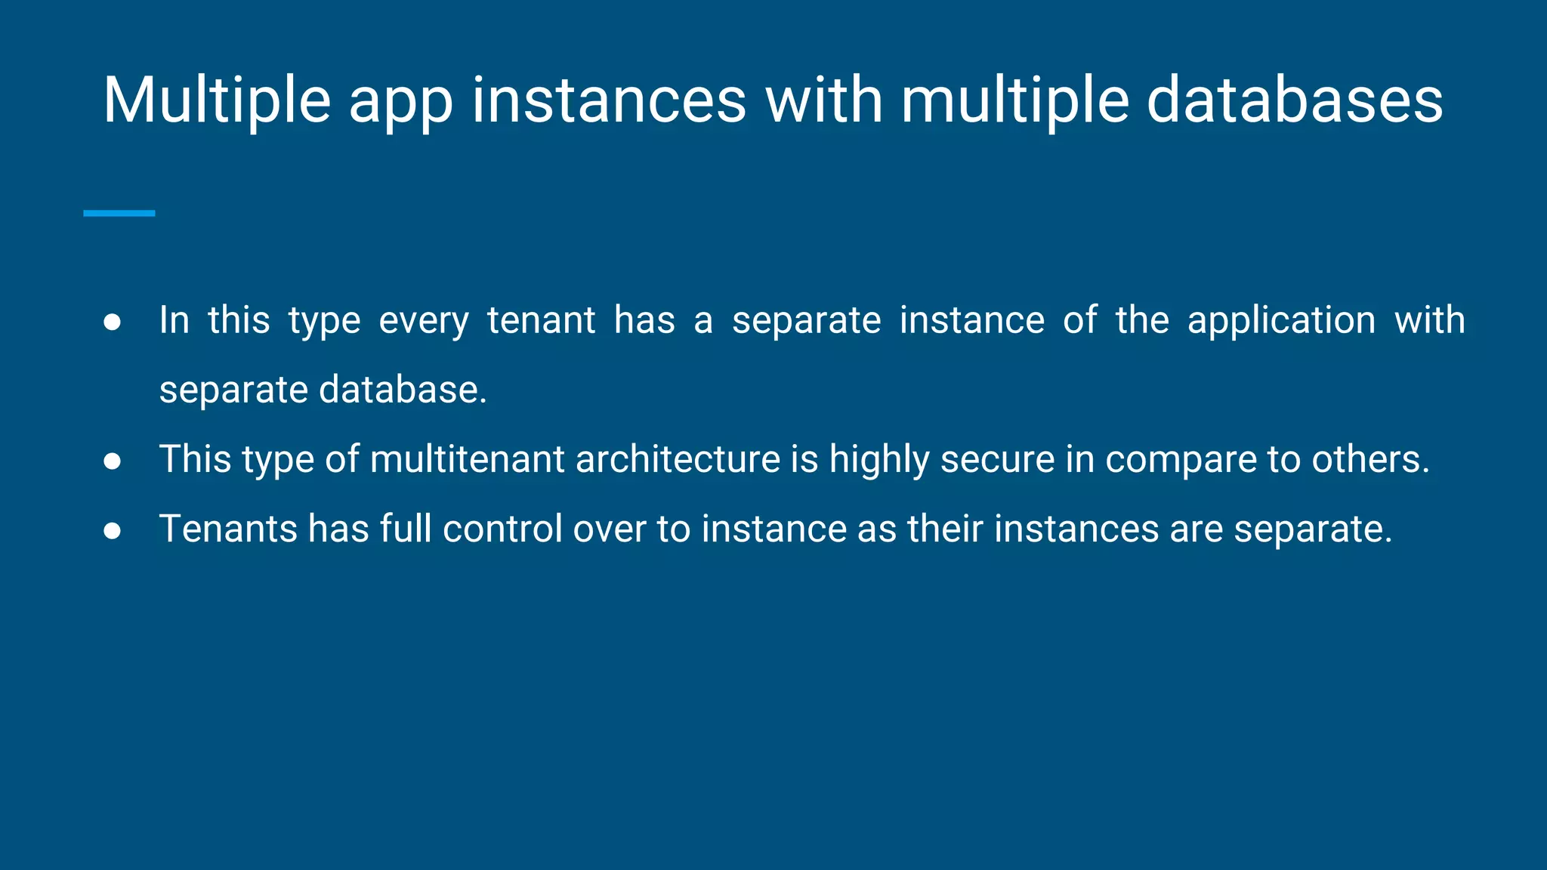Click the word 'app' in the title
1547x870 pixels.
[400, 102]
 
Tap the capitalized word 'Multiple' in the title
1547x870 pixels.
[217, 102]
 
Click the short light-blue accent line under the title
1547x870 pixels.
[119, 214]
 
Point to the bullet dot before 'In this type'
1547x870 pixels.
[113, 322]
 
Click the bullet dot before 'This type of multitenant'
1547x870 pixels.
[113, 461]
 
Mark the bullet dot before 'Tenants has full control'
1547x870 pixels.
[113, 531]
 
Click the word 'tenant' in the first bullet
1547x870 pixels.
[541, 320]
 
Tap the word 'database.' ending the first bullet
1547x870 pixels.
[403, 390]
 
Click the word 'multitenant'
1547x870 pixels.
[468, 459]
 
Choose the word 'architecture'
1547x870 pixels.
[678, 459]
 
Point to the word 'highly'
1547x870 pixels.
[879, 461]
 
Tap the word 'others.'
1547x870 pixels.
[1370, 459]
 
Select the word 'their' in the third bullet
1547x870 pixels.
[945, 529]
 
